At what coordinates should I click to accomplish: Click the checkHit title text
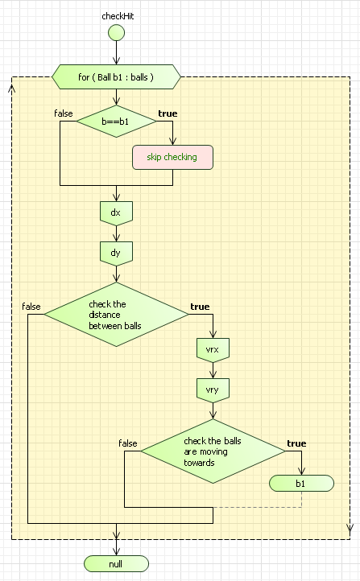click(x=118, y=16)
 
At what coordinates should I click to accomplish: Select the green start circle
click(x=117, y=33)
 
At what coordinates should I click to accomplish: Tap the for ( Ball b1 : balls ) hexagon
click(x=116, y=77)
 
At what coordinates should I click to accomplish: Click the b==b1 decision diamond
click(x=117, y=122)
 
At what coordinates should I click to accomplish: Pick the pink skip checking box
click(x=173, y=157)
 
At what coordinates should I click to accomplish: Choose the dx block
click(x=116, y=213)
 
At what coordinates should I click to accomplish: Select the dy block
click(x=116, y=253)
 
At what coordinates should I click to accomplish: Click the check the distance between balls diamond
click(x=117, y=315)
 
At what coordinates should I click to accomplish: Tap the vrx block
click(x=213, y=350)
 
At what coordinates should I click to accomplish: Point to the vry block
click(x=213, y=390)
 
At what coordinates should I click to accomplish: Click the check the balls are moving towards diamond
click(x=213, y=451)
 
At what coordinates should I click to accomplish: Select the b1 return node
click(x=301, y=484)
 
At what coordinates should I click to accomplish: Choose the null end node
click(x=117, y=564)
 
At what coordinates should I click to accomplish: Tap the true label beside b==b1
click(x=168, y=113)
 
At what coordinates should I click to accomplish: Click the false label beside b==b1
click(x=64, y=113)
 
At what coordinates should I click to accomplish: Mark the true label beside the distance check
click(x=200, y=307)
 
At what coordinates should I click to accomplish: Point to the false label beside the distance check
click(x=31, y=307)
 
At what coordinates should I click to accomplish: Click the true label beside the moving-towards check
click(x=296, y=443)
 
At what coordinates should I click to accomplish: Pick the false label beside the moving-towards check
click(x=128, y=443)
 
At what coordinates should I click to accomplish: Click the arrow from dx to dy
click(x=117, y=234)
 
